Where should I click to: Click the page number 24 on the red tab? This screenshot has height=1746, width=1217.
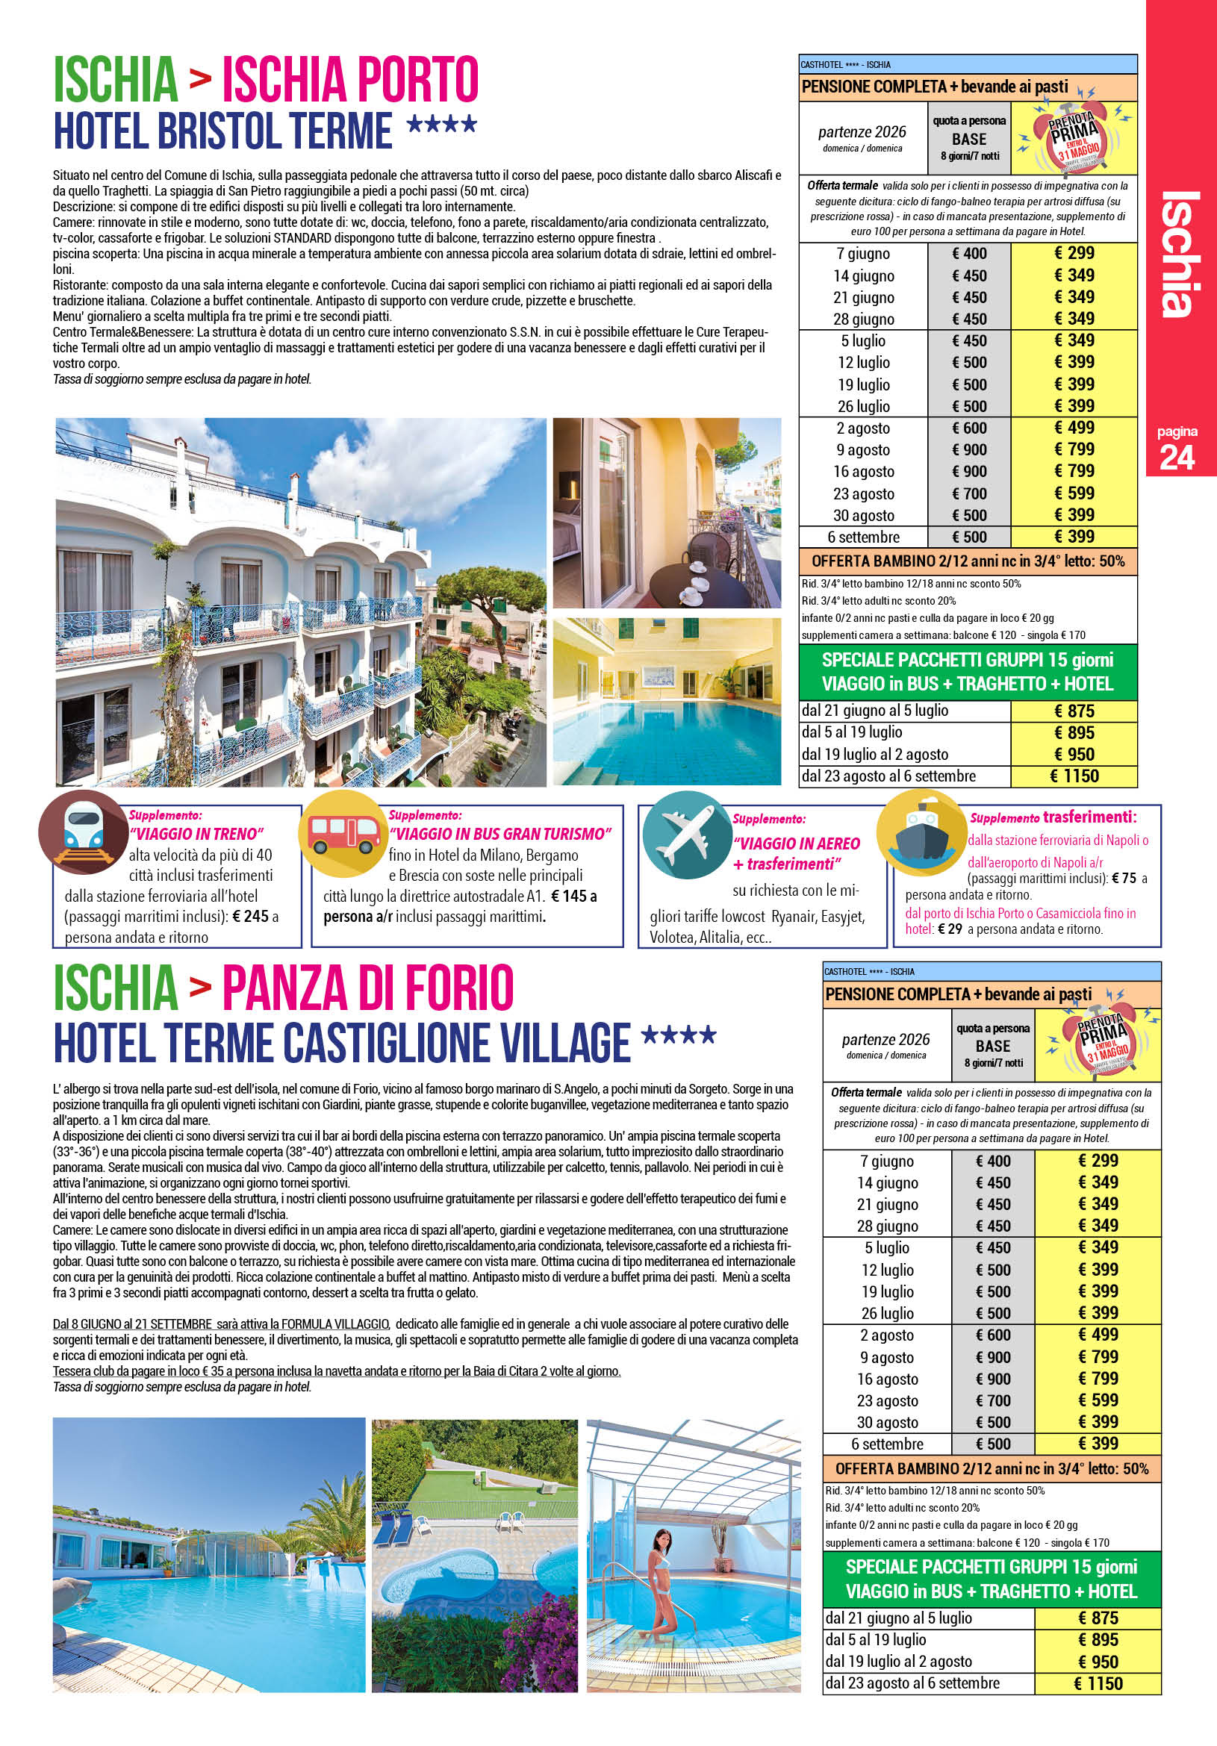1176,457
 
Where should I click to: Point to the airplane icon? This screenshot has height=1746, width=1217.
687,835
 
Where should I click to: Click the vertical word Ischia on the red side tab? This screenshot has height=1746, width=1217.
1180,255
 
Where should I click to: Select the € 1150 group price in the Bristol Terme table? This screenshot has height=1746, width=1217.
1074,776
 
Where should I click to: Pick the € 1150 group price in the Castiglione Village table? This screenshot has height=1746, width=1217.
1098,1683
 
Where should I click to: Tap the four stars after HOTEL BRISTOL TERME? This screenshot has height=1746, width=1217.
442,123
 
